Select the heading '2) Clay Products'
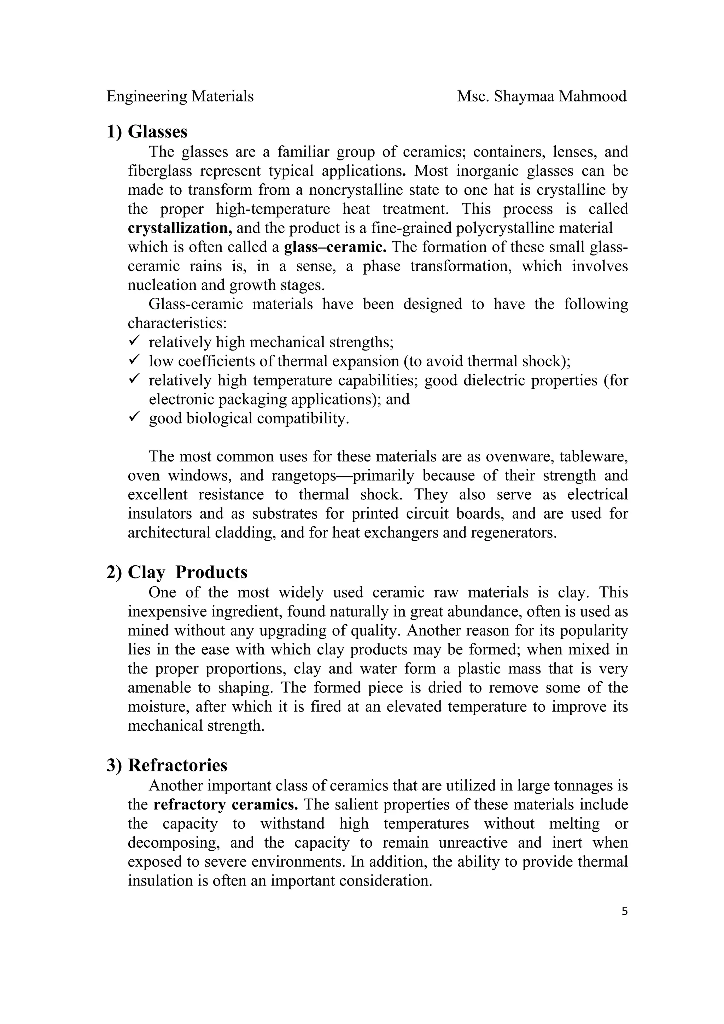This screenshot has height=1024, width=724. click(x=177, y=572)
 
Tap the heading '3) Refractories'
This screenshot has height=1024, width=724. click(x=167, y=765)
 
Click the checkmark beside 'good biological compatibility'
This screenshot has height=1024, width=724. click(x=134, y=417)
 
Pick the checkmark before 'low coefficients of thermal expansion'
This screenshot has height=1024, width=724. click(x=134, y=360)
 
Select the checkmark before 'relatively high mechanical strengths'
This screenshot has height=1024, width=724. click(x=134, y=341)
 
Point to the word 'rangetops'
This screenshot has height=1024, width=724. click(x=303, y=476)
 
